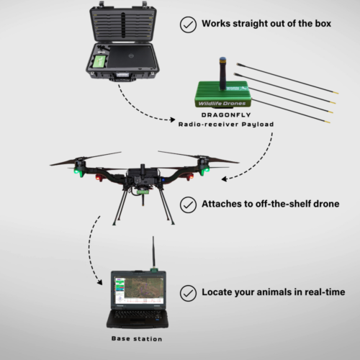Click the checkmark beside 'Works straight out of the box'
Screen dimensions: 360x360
pos(189,24)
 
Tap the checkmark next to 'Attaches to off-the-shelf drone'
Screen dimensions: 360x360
pos(189,206)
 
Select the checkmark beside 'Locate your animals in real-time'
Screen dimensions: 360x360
pos(189,293)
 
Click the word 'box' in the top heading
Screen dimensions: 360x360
pos(320,24)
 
